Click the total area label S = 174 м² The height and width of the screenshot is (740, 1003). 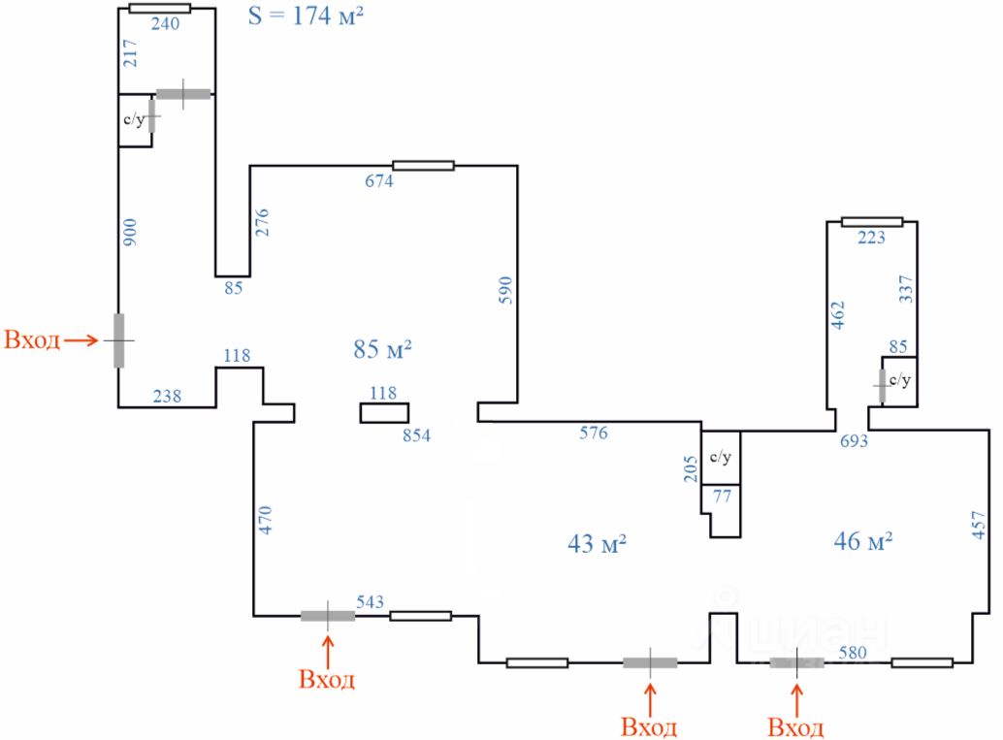point(306,16)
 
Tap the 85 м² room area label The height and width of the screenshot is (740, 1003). point(382,349)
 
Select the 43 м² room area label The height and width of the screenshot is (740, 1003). point(597,544)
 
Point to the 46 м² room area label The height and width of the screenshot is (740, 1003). point(863,541)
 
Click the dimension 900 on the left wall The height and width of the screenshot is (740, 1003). point(130,232)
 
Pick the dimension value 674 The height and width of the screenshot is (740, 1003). point(379,181)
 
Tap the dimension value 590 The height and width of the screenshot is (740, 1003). point(505,290)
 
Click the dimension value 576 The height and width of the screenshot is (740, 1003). point(594,433)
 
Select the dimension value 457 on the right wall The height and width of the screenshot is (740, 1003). point(978,525)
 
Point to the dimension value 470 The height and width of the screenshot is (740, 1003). point(265,520)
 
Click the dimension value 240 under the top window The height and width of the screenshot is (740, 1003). point(165,24)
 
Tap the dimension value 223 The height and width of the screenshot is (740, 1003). point(871,238)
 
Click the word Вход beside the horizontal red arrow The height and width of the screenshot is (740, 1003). point(32,339)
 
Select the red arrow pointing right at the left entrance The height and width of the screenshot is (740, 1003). point(81,340)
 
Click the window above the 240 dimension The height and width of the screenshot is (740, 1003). point(160,9)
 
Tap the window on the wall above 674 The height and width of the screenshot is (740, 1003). point(424,166)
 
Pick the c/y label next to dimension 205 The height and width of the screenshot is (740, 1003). point(721,457)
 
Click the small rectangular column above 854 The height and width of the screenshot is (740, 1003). point(384,413)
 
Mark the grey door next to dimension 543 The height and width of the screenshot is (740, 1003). point(328,616)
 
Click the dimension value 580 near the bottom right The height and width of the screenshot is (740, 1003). point(853,653)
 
